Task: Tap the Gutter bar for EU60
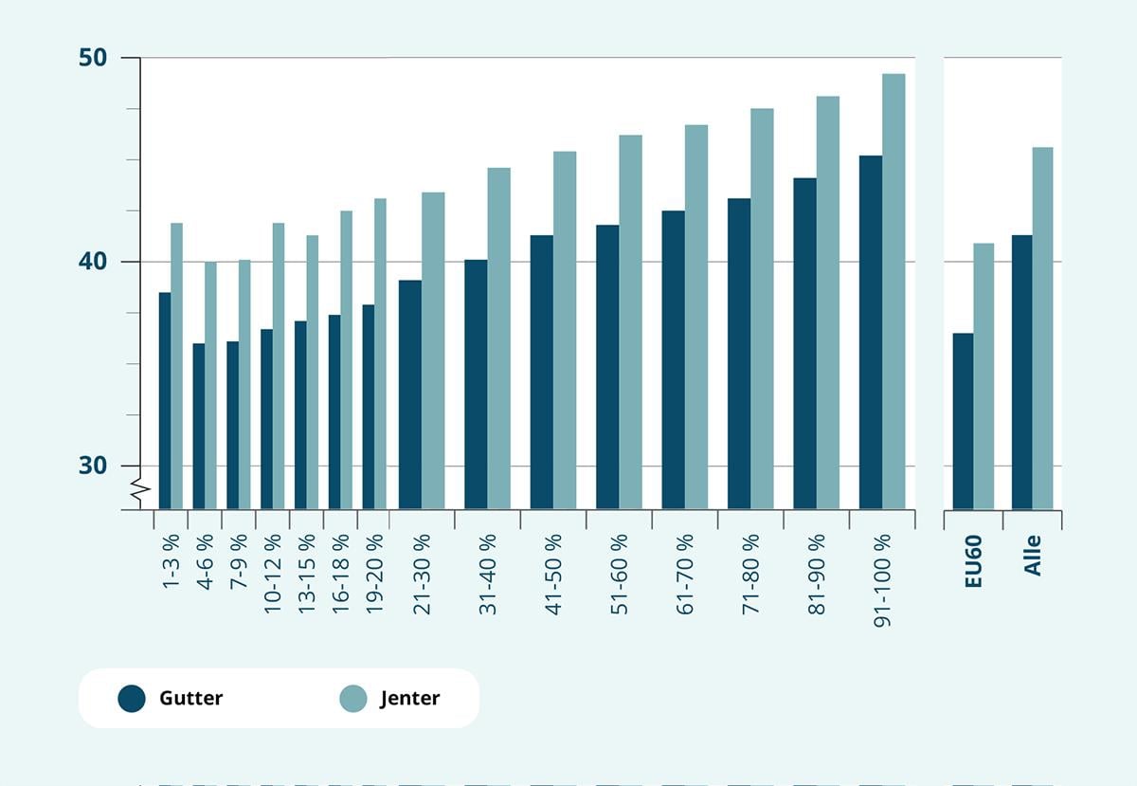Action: point(963,421)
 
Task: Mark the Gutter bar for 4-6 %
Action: point(199,426)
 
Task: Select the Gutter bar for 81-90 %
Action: point(804,343)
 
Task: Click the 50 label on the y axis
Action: point(93,58)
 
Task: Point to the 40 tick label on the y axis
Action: point(93,262)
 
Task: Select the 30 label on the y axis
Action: point(93,466)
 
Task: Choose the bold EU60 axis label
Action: point(973,560)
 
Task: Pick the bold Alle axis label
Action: point(1033,556)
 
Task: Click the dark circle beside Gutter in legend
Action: point(132,699)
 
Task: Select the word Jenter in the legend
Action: point(409,699)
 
